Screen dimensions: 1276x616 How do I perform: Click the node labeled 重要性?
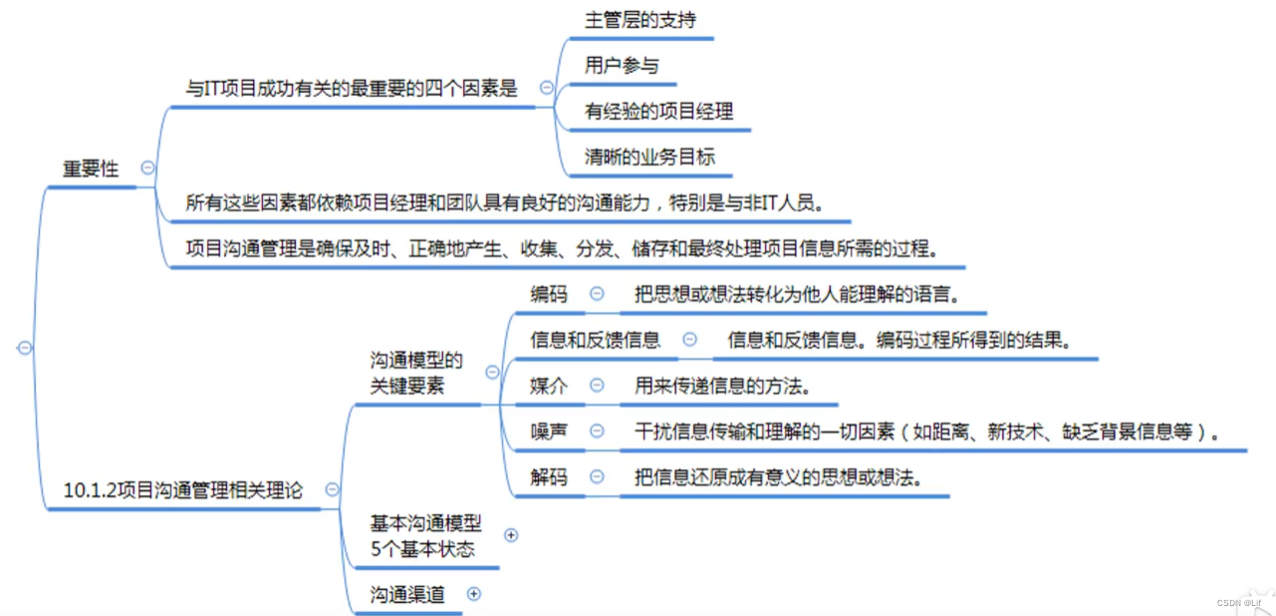click(x=91, y=168)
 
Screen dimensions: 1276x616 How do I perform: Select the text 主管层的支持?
click(x=635, y=19)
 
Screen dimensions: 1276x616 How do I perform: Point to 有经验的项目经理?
click(x=658, y=111)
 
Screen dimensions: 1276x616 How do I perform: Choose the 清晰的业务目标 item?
click(x=649, y=156)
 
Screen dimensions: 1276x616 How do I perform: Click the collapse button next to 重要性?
click(x=148, y=168)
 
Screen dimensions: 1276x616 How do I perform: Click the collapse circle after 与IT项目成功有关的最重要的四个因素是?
click(x=546, y=88)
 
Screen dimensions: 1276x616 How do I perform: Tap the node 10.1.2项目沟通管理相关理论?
click(x=183, y=489)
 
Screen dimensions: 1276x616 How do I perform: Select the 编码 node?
click(x=549, y=294)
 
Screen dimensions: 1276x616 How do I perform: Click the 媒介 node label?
click(x=549, y=385)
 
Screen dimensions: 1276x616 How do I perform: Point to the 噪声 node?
click(x=549, y=431)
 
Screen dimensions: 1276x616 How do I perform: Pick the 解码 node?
click(x=549, y=476)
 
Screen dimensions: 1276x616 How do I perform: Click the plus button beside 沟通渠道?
click(x=474, y=594)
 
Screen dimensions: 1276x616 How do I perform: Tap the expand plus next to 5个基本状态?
click(x=512, y=535)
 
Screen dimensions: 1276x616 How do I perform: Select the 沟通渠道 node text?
click(x=407, y=595)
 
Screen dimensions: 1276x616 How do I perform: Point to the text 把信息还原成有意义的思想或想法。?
click(x=777, y=476)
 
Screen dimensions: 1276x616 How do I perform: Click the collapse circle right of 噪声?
click(x=597, y=431)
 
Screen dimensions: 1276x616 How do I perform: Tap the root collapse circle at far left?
click(x=25, y=348)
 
